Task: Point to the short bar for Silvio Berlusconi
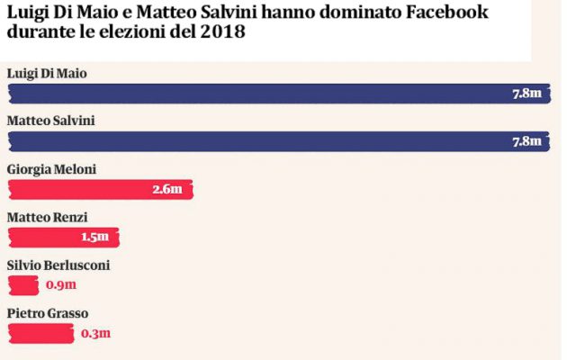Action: tap(22, 285)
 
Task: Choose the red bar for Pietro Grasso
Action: tap(40, 334)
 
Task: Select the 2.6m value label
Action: tap(167, 189)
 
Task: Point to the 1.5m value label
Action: tap(94, 237)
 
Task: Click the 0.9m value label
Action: tap(61, 285)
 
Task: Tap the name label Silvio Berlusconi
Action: tap(58, 265)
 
